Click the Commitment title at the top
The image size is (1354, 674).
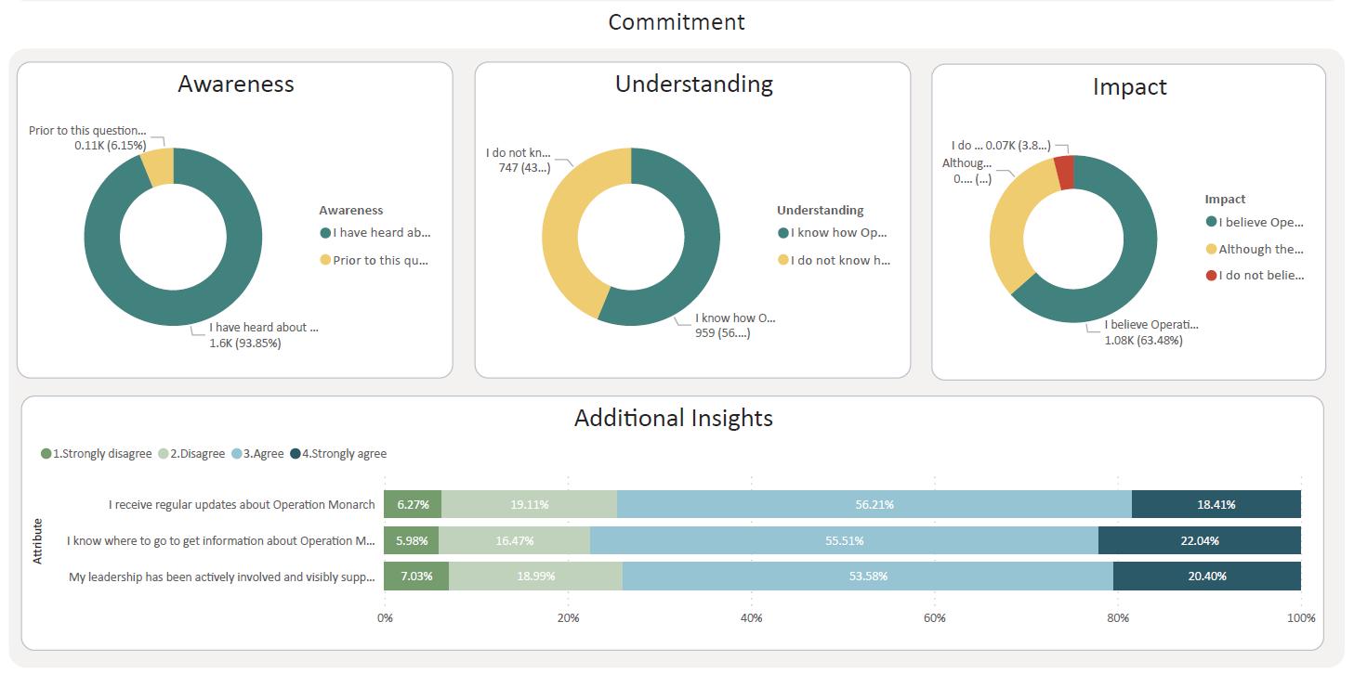point(676,22)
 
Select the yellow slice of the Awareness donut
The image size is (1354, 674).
point(158,167)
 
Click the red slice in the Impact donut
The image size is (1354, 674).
point(1064,173)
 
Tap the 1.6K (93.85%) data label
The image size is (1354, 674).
point(244,343)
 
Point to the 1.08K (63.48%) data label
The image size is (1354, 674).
point(1143,341)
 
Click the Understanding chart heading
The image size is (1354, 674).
point(693,84)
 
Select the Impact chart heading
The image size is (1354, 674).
point(1129,87)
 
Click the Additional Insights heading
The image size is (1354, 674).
point(673,418)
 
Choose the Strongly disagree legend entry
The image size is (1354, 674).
point(97,454)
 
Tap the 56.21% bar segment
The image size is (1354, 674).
point(874,505)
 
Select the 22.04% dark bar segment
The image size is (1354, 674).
point(1199,540)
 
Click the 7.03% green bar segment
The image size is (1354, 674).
point(415,577)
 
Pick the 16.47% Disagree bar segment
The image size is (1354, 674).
point(514,540)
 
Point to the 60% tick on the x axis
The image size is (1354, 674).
point(934,618)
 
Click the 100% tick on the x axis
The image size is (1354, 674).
point(1300,618)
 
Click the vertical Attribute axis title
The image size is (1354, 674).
point(38,541)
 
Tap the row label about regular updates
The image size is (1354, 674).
point(242,505)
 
